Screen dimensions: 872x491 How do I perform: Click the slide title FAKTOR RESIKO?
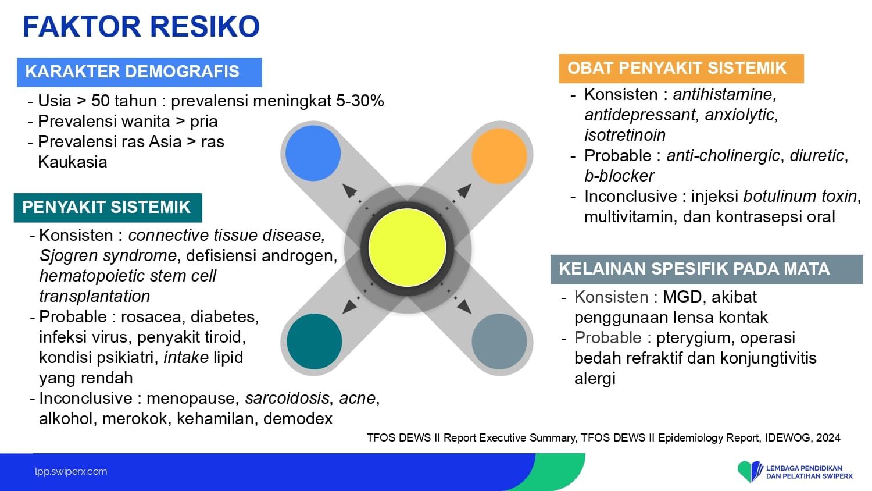141,27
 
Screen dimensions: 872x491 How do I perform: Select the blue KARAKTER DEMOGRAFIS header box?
140,72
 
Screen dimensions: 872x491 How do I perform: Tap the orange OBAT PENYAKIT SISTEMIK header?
681,68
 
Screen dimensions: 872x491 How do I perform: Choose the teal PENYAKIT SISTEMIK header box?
108,207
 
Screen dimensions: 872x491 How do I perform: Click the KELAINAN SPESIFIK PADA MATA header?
706,269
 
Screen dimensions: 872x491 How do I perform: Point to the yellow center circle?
407,247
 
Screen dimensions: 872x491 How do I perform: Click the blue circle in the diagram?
313,153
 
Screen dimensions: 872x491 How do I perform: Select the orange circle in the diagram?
499,156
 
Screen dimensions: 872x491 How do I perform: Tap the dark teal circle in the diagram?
314,341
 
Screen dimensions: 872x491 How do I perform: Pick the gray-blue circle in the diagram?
499,341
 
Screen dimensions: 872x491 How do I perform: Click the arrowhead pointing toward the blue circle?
349,191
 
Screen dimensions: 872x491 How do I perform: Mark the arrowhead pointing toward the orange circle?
464,191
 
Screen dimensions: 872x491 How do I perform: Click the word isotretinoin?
625,135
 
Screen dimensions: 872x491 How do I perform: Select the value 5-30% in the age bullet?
360,101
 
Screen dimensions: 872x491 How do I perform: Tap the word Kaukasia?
73,162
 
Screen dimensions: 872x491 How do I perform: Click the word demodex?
298,419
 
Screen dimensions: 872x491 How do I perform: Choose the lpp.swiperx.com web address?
71,472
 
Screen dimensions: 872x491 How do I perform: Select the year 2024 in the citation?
828,438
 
